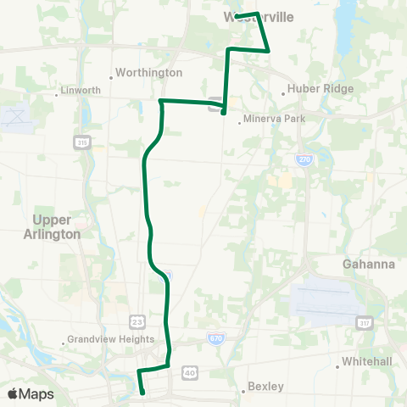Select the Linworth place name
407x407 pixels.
click(82, 90)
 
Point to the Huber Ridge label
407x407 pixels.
click(320, 87)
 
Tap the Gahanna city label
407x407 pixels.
click(369, 264)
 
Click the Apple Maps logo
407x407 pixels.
click(31, 393)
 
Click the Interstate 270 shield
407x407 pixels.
click(304, 158)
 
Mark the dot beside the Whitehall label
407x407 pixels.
click(338, 366)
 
